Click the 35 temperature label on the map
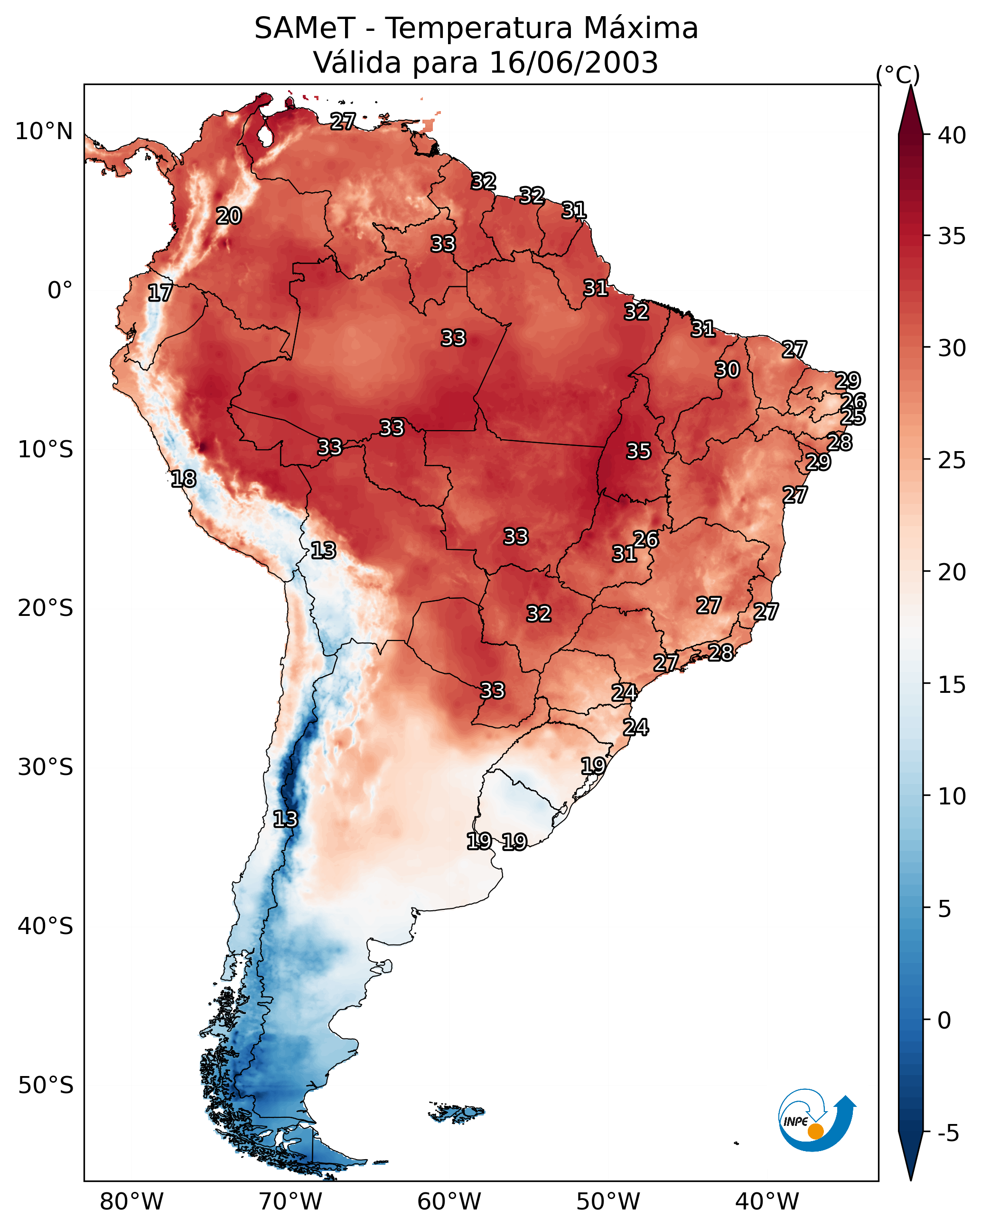(638, 451)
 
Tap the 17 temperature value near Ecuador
(160, 293)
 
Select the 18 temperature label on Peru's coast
(183, 479)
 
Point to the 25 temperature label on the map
(852, 417)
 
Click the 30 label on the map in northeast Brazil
(727, 369)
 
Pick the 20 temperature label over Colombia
(229, 216)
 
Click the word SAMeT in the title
(305, 28)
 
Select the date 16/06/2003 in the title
(573, 63)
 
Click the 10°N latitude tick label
(44, 132)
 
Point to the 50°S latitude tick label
(46, 1086)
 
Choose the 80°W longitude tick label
(131, 1202)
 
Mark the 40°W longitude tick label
(767, 1202)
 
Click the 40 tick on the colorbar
(952, 135)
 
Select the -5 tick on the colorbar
(948, 1134)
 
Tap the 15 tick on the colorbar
(952, 685)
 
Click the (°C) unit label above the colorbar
(898, 75)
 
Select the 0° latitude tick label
(60, 291)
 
